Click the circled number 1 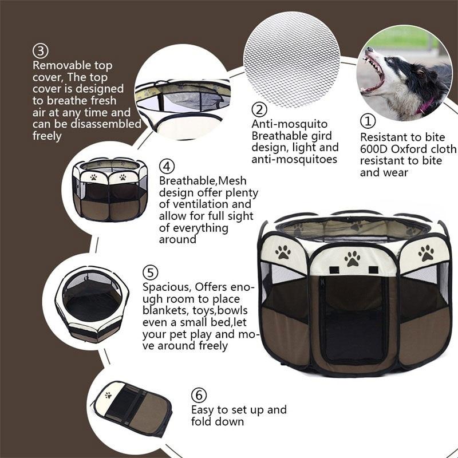[x=368, y=121]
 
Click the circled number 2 [x=260, y=109]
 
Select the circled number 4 [x=166, y=167]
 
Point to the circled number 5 [x=151, y=273]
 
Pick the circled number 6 [x=199, y=396]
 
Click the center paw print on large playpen [x=352, y=258]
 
